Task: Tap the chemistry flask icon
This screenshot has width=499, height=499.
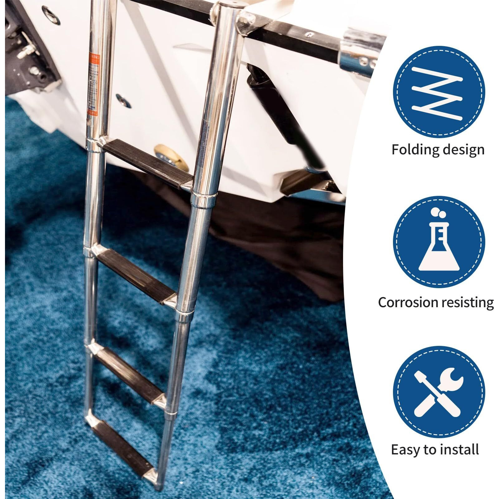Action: click(439, 246)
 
